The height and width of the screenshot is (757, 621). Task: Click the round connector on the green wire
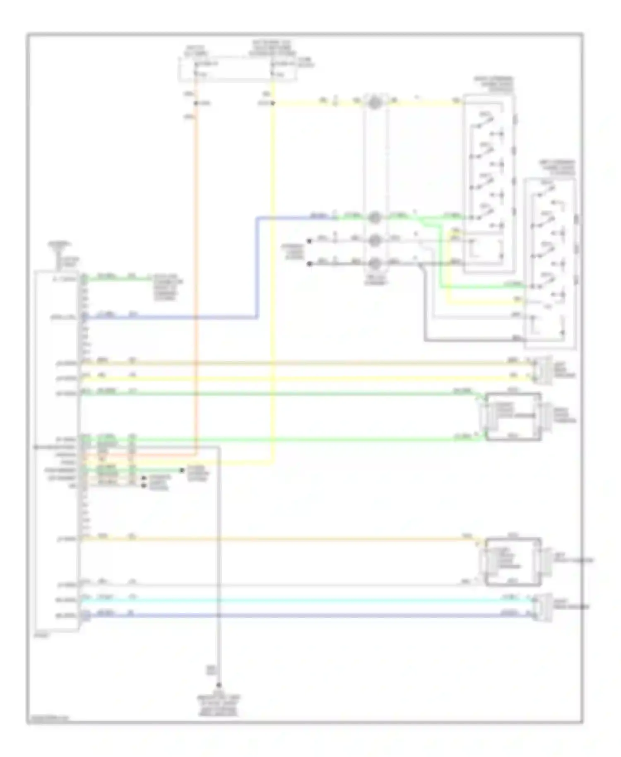click(375, 217)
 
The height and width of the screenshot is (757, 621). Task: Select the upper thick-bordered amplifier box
click(513, 416)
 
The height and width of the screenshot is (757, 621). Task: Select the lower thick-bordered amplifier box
click(513, 562)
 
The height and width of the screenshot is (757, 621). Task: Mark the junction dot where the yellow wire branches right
click(273, 103)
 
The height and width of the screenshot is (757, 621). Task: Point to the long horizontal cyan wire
click(306, 599)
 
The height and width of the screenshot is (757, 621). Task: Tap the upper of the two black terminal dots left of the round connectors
click(309, 241)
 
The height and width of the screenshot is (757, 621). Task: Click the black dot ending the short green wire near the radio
click(182, 470)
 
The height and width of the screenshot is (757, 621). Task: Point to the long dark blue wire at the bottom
click(306, 615)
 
